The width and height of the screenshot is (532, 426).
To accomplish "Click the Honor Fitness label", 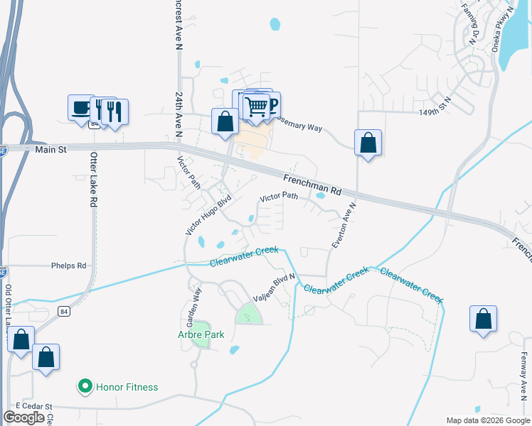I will (x=127, y=387).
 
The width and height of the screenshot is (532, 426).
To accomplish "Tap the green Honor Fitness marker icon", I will (x=85, y=387).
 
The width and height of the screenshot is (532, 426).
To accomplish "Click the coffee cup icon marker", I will (x=80, y=108).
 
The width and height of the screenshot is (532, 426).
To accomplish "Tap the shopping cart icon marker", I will (x=256, y=107).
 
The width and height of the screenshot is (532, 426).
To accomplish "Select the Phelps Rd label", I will (x=68, y=266).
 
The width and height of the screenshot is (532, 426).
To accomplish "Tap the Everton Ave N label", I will (x=344, y=225).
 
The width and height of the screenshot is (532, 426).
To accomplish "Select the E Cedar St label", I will (x=34, y=407).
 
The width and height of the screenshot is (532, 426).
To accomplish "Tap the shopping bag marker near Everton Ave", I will (x=368, y=143).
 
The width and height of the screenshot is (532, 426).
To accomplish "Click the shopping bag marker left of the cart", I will (x=225, y=121).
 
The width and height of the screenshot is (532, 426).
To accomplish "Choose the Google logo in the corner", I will (x=23, y=417).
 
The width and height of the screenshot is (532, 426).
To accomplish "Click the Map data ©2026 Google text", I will (x=488, y=420).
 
